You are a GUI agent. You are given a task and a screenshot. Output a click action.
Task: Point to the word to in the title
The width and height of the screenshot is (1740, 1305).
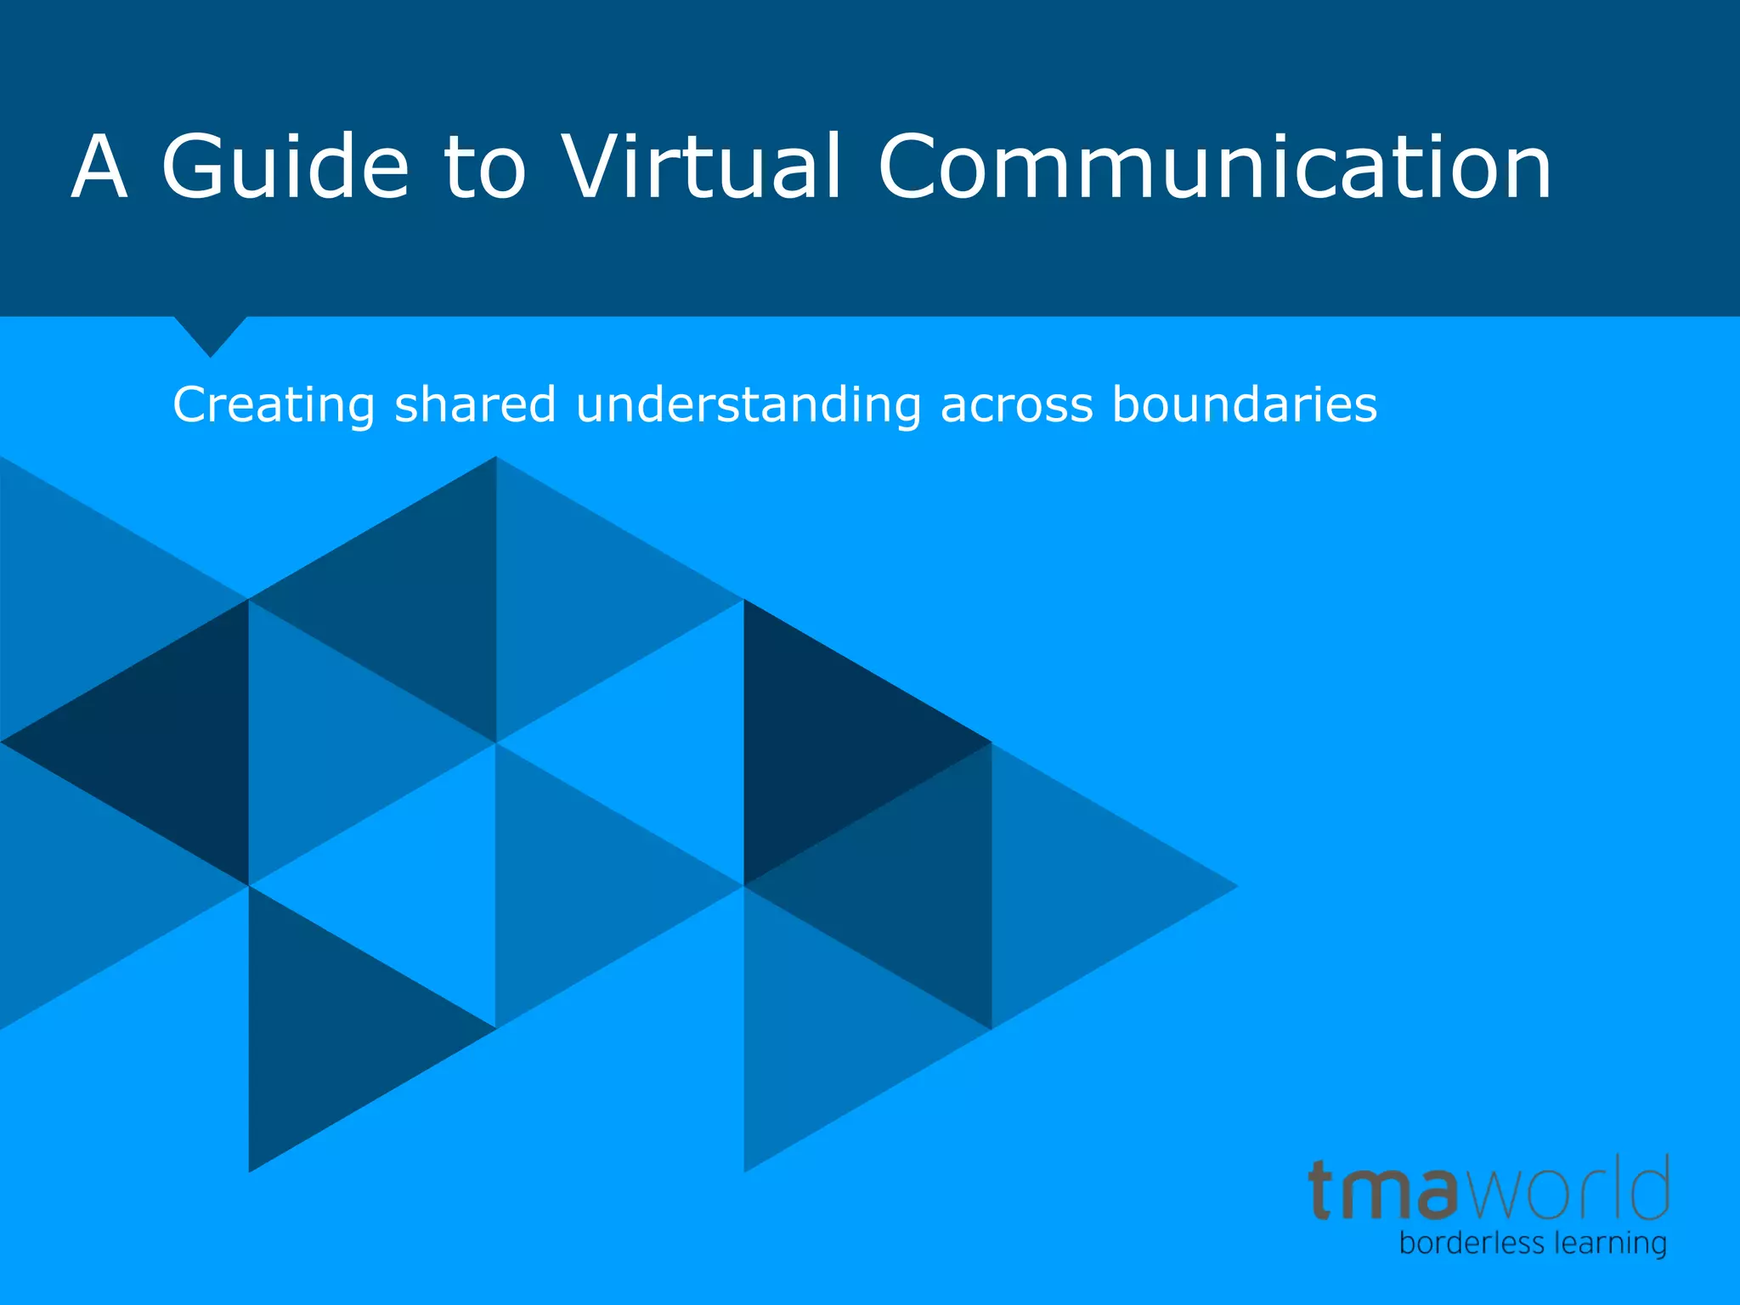(x=485, y=168)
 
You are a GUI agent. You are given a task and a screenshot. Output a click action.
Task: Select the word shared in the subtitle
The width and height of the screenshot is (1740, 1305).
(x=475, y=404)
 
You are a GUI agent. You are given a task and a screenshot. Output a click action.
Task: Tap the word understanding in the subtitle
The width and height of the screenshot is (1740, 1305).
(x=748, y=406)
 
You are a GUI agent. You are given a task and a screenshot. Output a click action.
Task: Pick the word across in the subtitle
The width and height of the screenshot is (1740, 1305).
(x=1016, y=406)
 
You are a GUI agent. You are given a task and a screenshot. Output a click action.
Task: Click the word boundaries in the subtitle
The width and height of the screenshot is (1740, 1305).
(x=1244, y=404)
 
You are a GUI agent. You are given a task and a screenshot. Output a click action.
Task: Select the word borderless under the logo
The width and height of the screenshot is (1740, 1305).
(x=1471, y=1244)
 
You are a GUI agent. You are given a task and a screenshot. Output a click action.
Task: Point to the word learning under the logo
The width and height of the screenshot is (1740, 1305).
(x=1610, y=1245)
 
